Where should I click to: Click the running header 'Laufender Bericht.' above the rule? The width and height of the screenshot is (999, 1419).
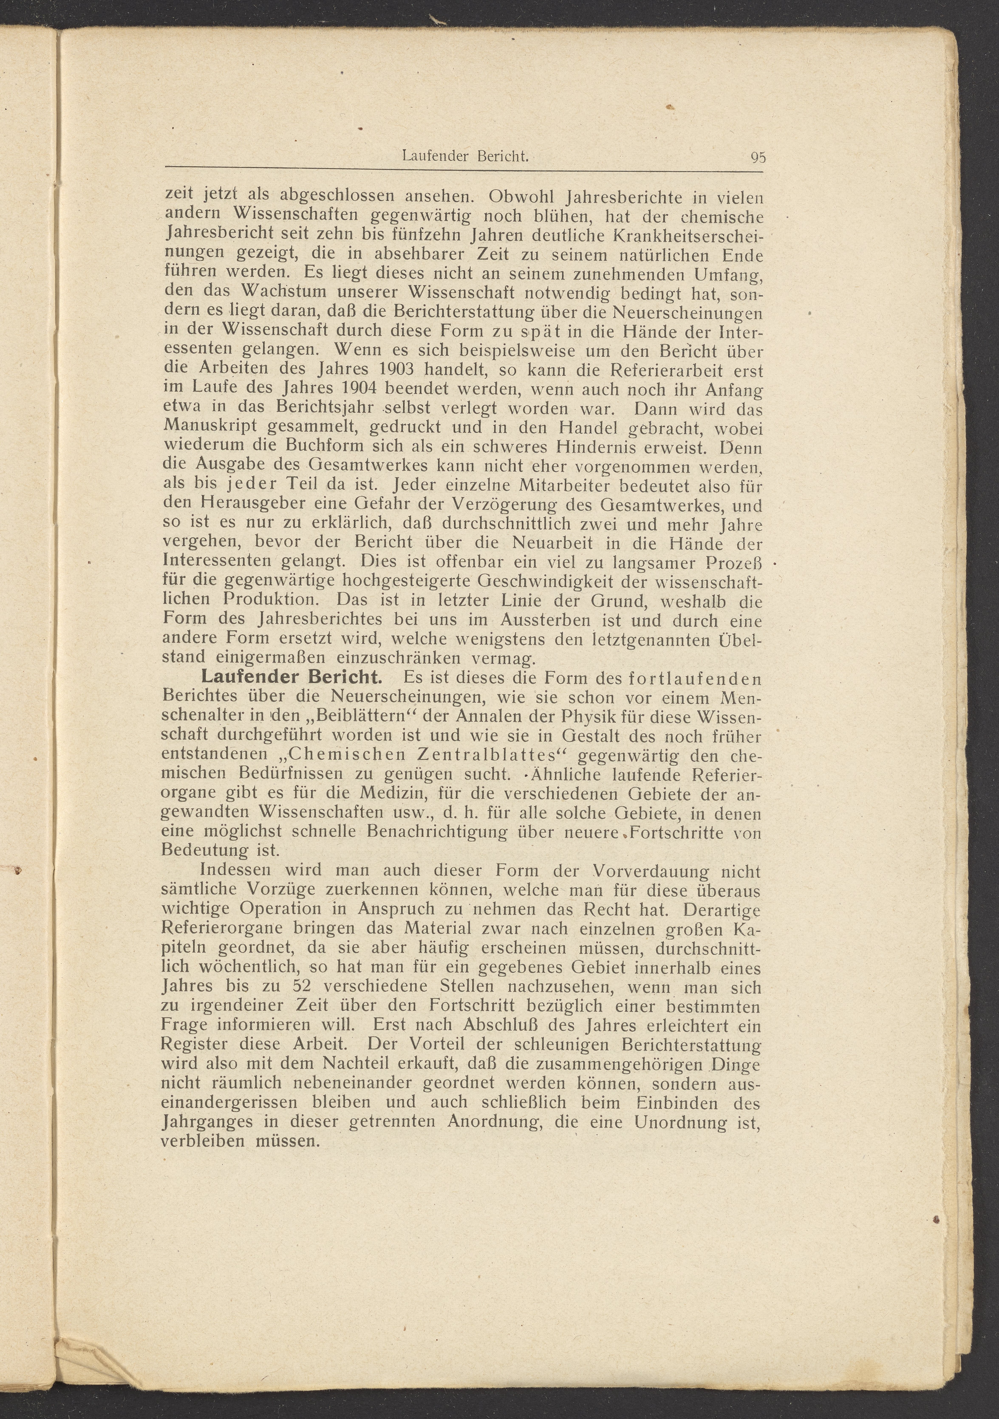[x=465, y=156]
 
